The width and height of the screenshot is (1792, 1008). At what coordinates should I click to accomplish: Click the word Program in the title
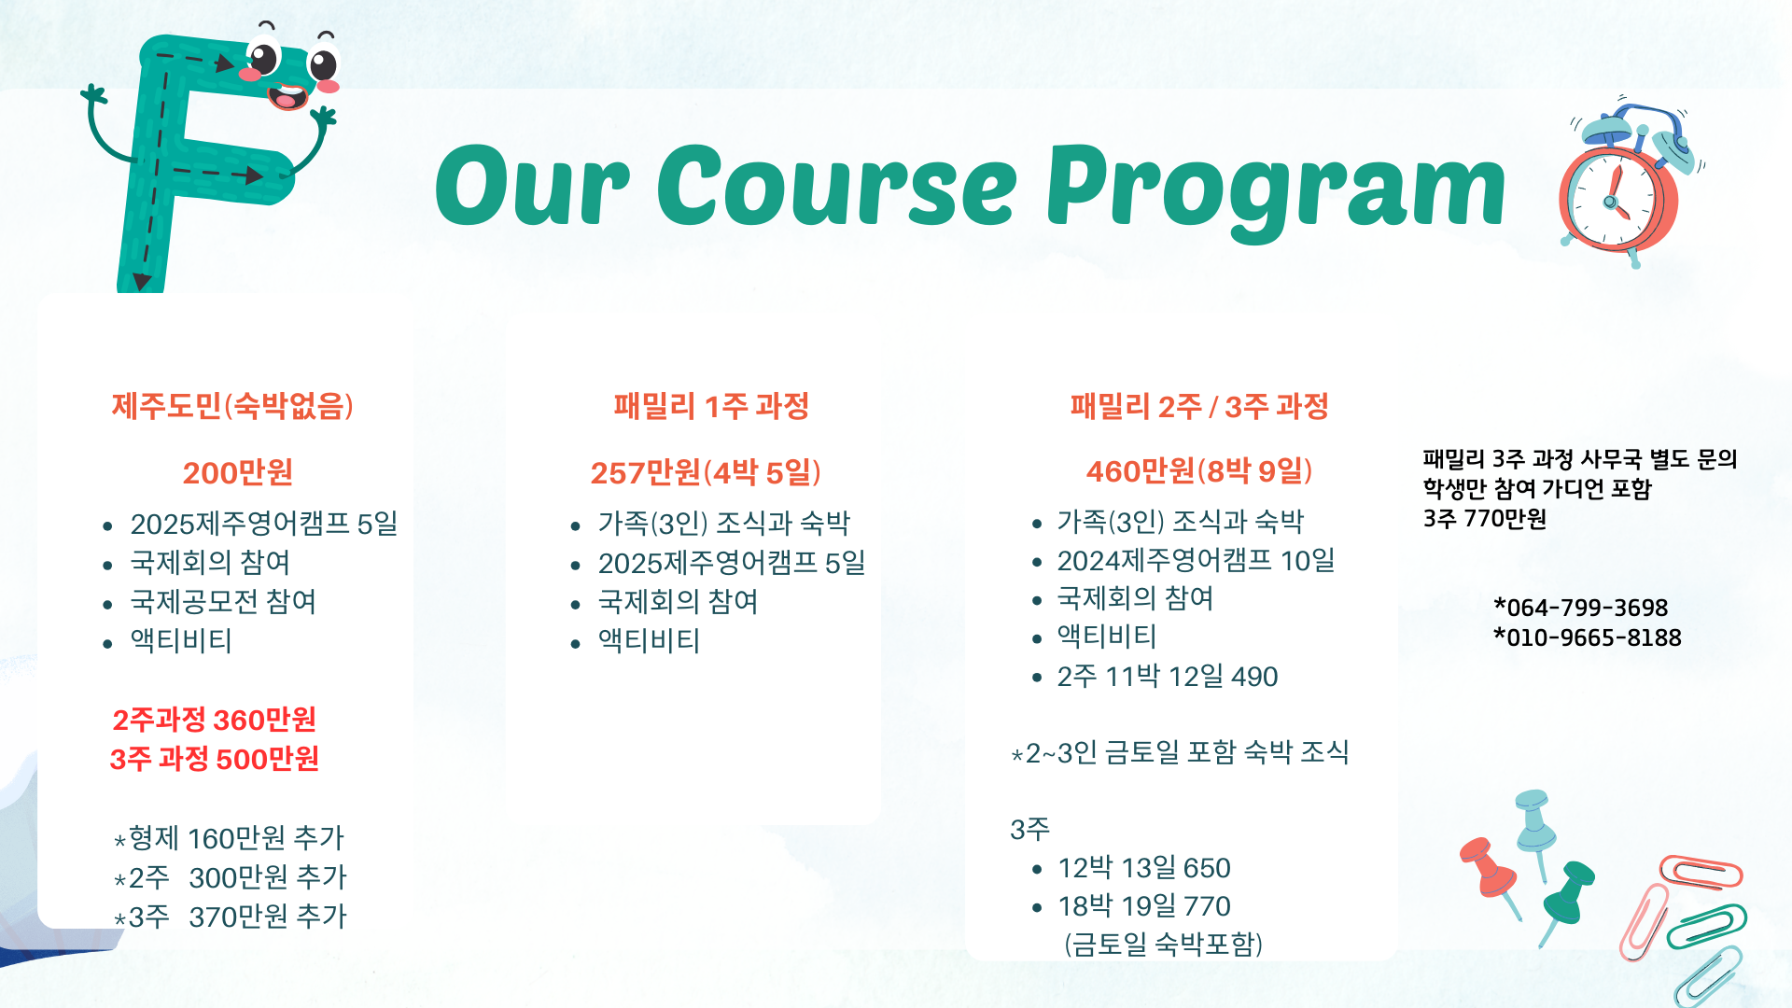tap(1276, 190)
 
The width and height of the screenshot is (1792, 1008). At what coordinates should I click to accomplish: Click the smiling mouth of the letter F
tap(287, 96)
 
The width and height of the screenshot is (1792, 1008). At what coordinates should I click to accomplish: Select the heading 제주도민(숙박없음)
tap(232, 406)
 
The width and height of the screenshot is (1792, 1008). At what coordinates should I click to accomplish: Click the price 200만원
tap(238, 473)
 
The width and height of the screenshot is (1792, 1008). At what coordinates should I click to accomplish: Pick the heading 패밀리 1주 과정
tap(711, 406)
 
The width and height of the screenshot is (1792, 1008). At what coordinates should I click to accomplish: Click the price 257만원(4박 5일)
tap(706, 473)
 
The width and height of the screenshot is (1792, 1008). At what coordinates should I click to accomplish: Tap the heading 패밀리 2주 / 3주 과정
tap(1199, 406)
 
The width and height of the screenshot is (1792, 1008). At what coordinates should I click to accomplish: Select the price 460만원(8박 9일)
tap(1199, 471)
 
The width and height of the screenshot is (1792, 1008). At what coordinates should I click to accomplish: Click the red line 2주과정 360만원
tap(214, 720)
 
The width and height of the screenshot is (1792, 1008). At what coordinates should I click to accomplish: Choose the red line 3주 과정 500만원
tap(214, 759)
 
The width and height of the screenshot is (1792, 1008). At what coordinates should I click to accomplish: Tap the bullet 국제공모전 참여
tap(223, 602)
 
